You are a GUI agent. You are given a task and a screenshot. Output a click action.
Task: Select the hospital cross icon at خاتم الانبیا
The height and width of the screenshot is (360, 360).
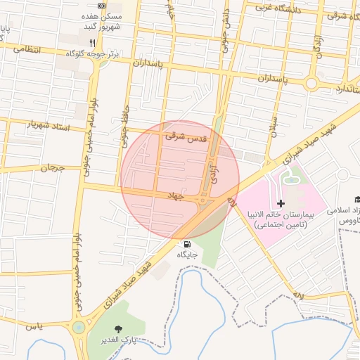pyautogui.click(x=281, y=203)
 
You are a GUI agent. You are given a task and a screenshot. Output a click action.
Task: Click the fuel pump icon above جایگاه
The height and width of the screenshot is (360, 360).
pyautogui.click(x=186, y=244)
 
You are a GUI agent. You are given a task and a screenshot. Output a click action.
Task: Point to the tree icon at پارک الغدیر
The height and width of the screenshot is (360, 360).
pyautogui.click(x=117, y=328)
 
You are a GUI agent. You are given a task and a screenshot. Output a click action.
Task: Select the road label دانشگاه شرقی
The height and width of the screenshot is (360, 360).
pyautogui.click(x=340, y=14)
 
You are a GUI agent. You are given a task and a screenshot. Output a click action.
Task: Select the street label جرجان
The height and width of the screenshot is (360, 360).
pyautogui.click(x=51, y=169)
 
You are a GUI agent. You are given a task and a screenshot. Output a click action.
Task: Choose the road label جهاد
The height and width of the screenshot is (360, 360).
pyautogui.click(x=175, y=193)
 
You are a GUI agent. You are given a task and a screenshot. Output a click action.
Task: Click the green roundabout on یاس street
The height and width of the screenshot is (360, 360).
pyautogui.click(x=79, y=327)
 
